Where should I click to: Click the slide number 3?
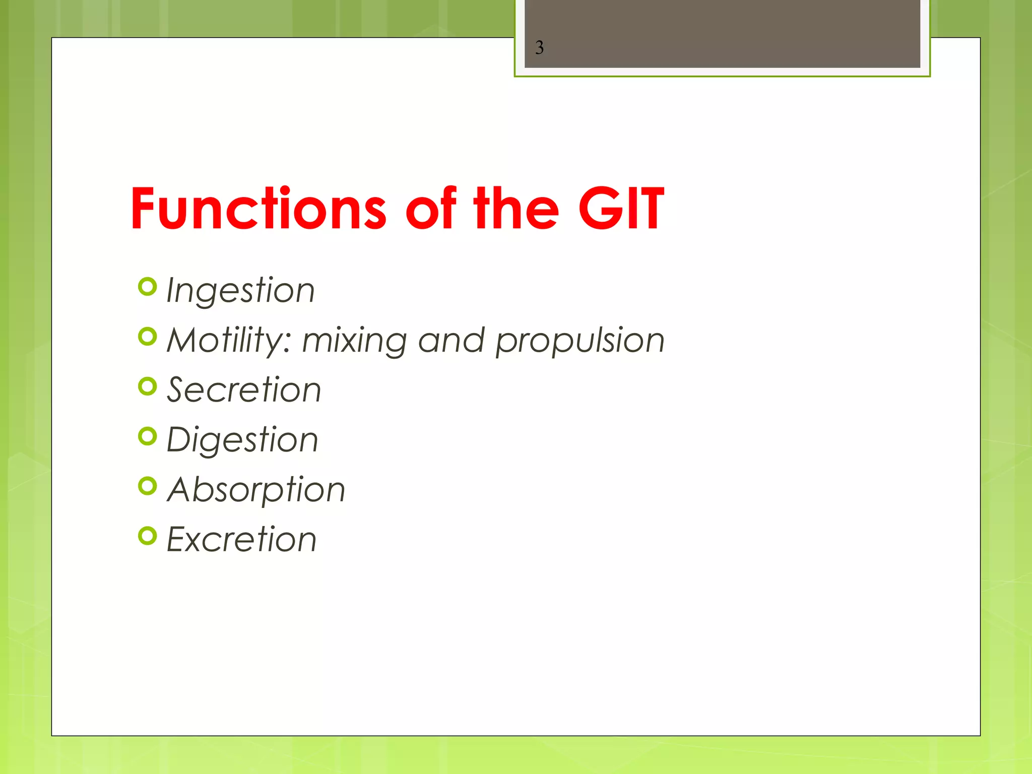tap(539, 48)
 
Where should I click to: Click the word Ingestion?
tap(240, 291)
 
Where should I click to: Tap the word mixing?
tap(354, 341)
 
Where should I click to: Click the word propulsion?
tap(580, 341)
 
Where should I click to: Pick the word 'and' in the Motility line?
tap(451, 341)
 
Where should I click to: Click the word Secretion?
tap(244, 390)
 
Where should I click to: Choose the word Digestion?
tap(242, 440)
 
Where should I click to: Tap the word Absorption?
tap(256, 490)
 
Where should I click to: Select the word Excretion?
tap(241, 539)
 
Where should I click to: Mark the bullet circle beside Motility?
tap(147, 337)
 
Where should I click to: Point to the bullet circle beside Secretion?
tap(147, 386)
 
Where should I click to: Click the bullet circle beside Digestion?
tap(147, 436)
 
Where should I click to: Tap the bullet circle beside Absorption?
tap(147, 486)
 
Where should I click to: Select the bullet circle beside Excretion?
tap(147, 536)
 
